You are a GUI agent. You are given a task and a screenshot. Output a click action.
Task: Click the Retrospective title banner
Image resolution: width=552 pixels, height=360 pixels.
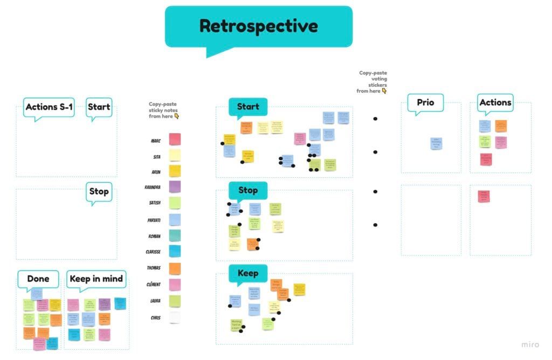click(259, 26)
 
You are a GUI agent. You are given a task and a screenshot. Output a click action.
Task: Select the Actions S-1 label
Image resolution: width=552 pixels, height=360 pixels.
click(49, 107)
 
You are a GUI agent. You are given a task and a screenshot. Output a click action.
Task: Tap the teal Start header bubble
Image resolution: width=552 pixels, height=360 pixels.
click(248, 107)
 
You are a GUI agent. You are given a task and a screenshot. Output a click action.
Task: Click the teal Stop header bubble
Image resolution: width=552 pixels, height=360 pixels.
click(248, 190)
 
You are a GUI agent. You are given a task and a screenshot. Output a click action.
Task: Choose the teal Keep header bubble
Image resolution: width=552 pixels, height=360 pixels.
click(248, 273)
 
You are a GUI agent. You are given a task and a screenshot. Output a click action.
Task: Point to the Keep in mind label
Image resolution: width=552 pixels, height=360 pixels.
click(96, 279)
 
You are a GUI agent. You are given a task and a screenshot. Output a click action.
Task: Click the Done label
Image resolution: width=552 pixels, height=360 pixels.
click(38, 279)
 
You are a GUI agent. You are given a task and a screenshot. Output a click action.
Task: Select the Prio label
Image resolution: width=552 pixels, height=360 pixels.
click(425, 102)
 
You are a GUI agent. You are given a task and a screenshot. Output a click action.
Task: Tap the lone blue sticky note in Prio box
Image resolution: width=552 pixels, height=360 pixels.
click(436, 143)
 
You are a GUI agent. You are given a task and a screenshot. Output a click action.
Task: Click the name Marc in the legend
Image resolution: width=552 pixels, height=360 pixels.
click(156, 141)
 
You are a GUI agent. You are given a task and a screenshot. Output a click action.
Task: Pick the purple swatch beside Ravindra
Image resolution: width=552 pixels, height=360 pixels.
click(175, 186)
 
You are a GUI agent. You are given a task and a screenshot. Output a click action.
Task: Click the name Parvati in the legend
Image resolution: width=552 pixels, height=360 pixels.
click(154, 220)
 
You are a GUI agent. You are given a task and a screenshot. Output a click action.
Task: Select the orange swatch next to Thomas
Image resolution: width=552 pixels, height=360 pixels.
click(175, 268)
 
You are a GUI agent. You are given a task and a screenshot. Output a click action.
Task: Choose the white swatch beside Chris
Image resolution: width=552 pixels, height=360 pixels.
click(175, 317)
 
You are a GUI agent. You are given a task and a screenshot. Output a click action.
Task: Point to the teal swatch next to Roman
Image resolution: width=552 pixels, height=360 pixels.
click(175, 236)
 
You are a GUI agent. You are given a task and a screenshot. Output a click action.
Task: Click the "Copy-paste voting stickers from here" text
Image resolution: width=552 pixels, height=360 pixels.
click(372, 82)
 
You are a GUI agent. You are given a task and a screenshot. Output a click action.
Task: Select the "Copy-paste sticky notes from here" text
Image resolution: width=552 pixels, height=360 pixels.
click(163, 110)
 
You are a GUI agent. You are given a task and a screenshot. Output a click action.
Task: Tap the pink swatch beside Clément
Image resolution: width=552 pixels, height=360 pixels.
click(175, 285)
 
